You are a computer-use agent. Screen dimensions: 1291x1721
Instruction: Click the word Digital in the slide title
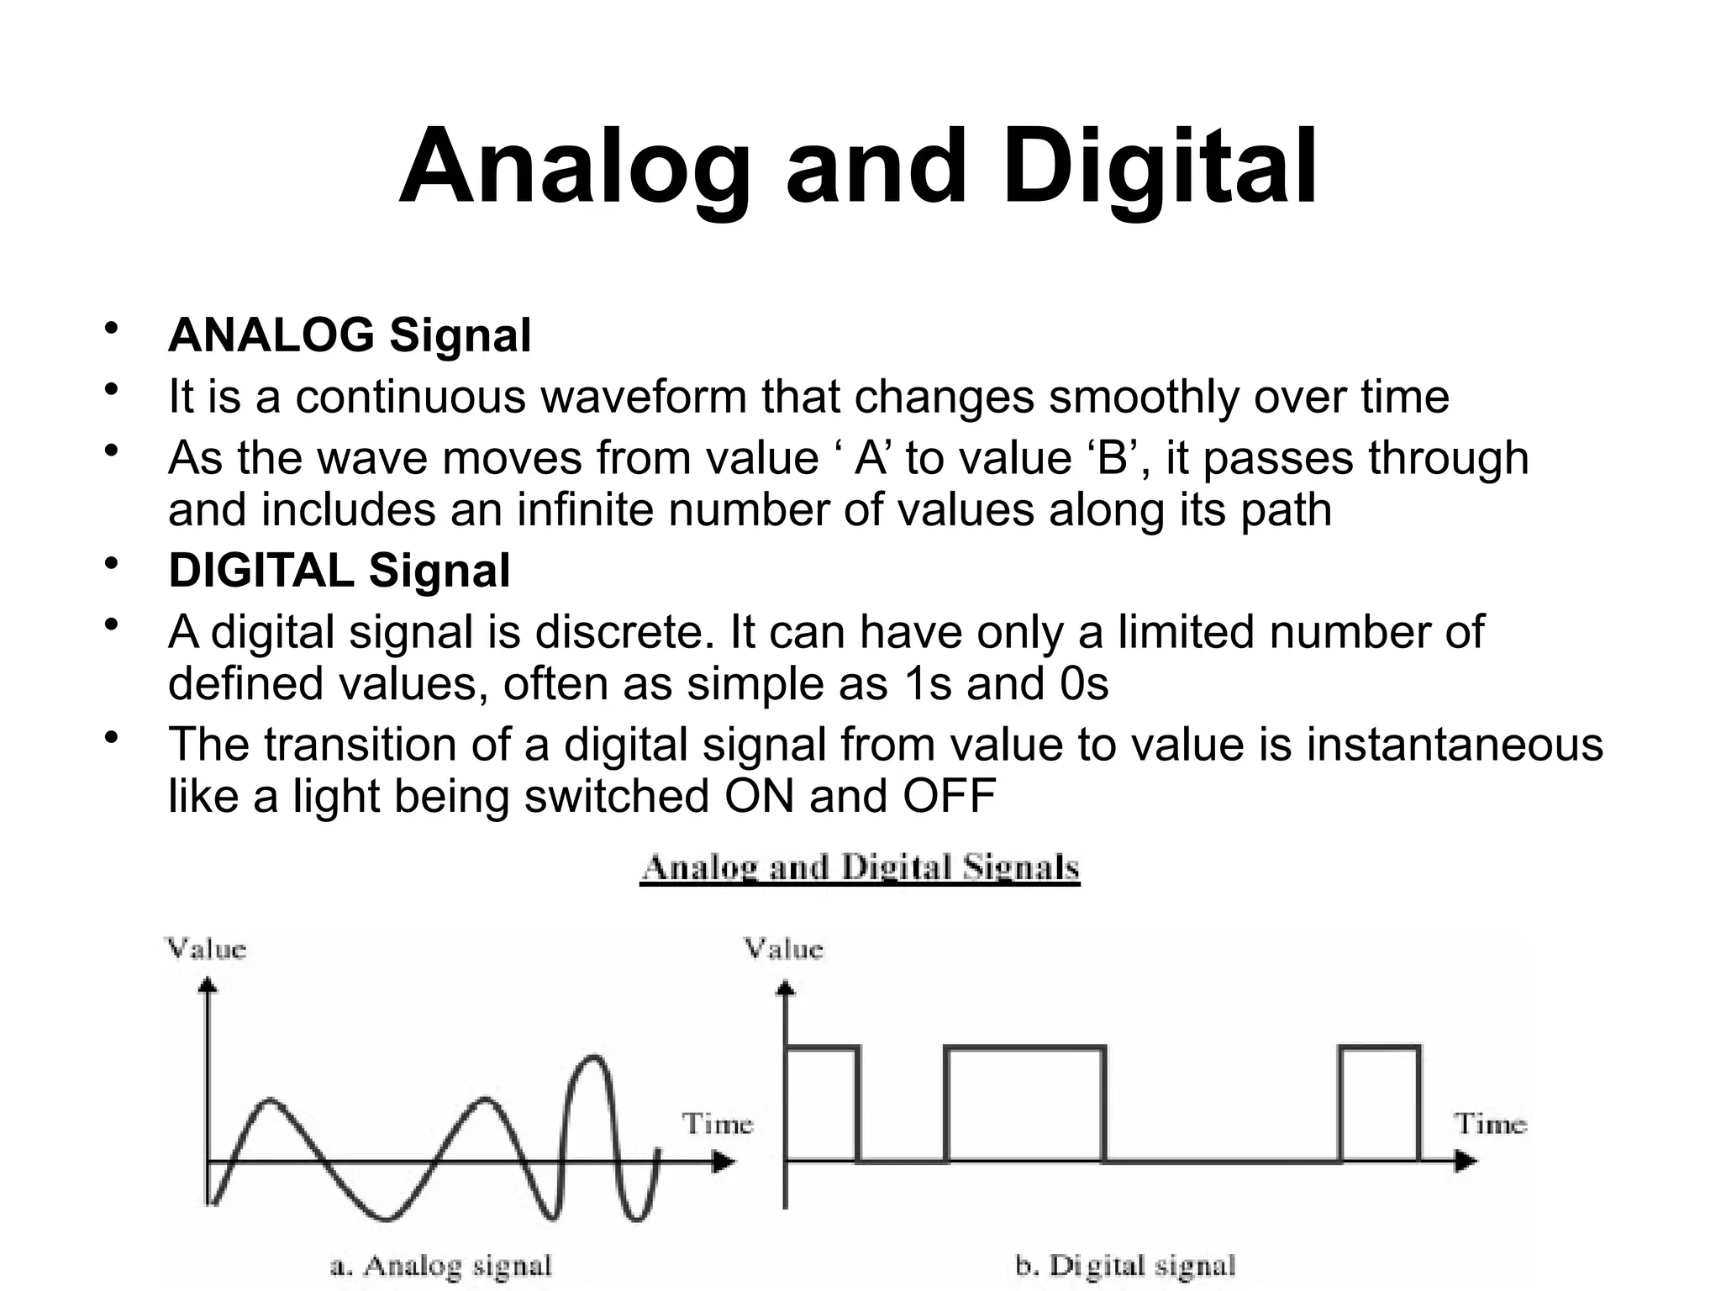[1159, 166]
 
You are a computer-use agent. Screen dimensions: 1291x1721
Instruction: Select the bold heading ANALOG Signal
[350, 335]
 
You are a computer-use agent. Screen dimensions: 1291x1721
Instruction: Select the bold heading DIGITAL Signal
[339, 571]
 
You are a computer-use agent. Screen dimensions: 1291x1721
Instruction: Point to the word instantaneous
[1454, 745]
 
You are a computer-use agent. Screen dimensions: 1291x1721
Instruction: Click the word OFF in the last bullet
[949, 796]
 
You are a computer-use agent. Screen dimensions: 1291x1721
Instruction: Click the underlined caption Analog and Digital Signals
[860, 868]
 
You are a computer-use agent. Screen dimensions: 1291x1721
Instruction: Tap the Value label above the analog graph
[207, 949]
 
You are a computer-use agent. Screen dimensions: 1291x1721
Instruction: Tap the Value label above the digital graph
[783, 949]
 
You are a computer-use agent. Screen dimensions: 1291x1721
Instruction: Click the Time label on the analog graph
[717, 1124]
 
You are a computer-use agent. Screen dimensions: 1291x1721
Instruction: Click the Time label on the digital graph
[1490, 1124]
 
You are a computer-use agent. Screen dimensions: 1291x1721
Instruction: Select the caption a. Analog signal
[440, 1265]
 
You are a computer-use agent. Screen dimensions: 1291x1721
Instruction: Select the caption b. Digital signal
[1125, 1265]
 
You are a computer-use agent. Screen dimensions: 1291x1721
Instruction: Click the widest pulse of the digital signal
[1024, 1101]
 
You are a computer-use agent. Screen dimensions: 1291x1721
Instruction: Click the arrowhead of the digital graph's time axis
[1466, 1162]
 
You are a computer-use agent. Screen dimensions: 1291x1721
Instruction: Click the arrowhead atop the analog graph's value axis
[208, 984]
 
